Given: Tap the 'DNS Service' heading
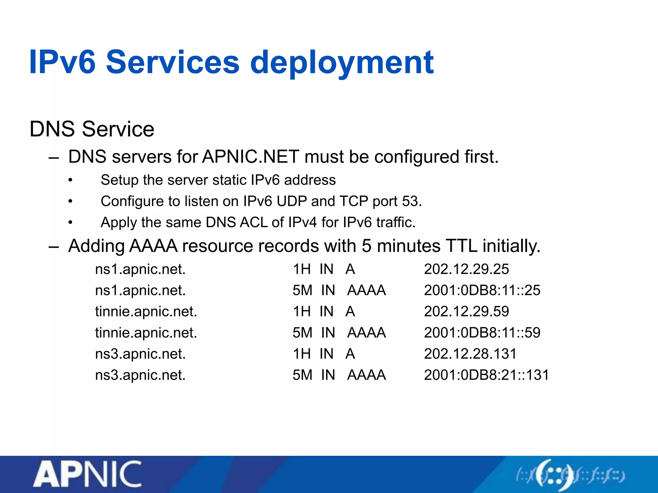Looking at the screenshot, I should click(92, 129).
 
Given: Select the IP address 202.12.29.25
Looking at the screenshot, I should click(466, 269).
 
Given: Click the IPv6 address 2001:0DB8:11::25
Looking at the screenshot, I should click(482, 290).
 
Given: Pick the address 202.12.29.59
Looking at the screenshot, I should click(466, 311).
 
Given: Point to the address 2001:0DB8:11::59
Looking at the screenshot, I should click(482, 333).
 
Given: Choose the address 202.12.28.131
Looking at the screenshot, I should click(470, 354).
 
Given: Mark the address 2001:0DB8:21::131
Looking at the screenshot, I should click(486, 375).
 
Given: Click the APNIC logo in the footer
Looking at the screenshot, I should click(87, 474).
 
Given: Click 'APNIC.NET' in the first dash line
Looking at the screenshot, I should click(251, 157).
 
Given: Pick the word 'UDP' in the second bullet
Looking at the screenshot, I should click(292, 201).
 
